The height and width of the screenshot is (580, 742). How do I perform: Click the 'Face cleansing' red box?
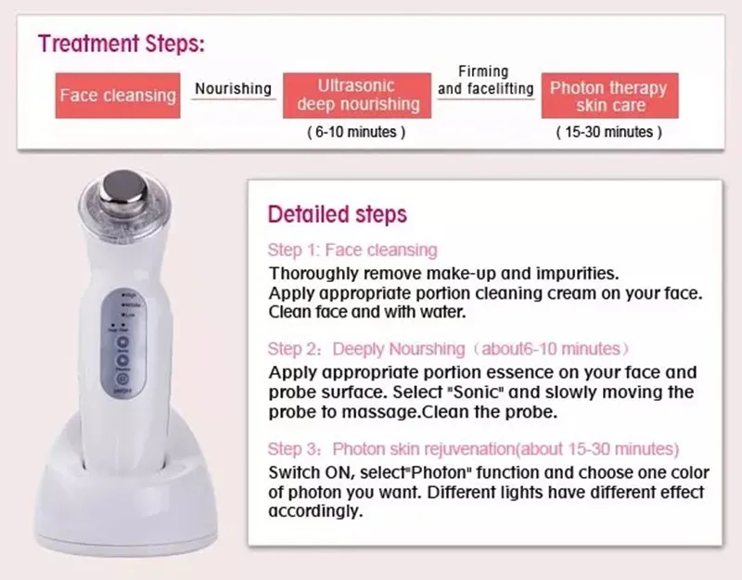point(118,96)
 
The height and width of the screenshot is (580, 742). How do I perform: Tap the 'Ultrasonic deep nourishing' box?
point(358,95)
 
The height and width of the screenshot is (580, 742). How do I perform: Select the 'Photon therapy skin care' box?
point(608,97)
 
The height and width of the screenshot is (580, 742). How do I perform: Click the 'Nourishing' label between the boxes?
point(233,89)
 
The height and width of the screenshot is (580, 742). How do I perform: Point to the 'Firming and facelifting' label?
point(486,81)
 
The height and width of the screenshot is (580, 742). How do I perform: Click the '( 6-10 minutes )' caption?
point(356,133)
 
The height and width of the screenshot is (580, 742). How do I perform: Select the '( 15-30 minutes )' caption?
point(608,133)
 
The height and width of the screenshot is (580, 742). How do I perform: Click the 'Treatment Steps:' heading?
point(122,44)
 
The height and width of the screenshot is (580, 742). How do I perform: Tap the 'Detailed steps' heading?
point(337,214)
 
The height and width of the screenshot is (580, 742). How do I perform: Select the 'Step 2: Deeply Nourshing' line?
point(448,349)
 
